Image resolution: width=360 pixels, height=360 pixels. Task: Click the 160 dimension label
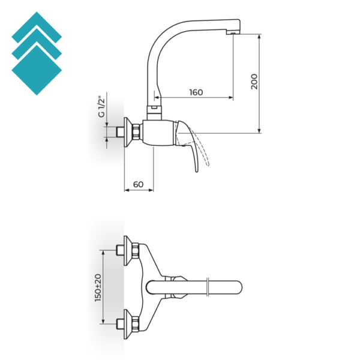[196, 92]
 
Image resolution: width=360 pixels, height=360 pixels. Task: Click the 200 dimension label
[254, 82]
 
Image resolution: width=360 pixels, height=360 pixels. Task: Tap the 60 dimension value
[138, 184]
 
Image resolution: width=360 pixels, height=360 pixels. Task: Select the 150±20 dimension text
[98, 287]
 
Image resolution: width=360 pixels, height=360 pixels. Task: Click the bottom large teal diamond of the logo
[37, 70]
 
